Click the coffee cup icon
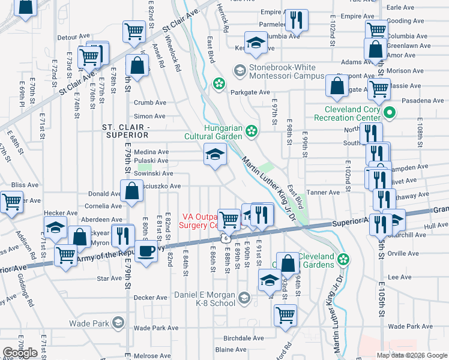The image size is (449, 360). [146, 251]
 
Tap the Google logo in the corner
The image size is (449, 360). [20, 353]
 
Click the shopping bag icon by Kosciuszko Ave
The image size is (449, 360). [131, 192]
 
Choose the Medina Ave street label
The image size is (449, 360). [151, 152]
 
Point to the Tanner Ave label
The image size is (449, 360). [323, 193]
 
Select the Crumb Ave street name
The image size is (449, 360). [149, 103]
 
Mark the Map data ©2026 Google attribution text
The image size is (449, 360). [411, 355]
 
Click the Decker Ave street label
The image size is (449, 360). [150, 297]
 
